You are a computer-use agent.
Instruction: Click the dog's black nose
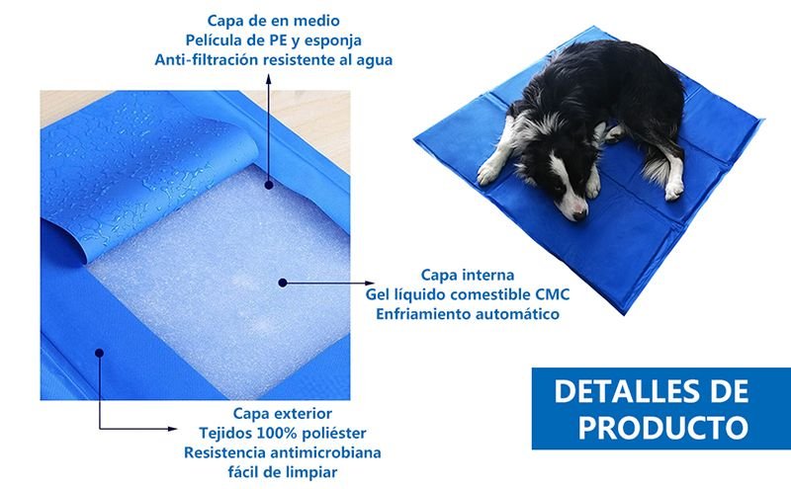[x=580, y=215]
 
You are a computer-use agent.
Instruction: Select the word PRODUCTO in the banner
[x=662, y=428]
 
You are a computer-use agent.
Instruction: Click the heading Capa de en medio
[x=274, y=21]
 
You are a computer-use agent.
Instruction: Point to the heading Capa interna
[x=468, y=276]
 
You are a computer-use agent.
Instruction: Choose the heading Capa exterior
[x=283, y=414]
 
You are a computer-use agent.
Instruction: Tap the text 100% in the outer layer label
[x=276, y=433]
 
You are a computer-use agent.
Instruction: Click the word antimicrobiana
[x=325, y=452]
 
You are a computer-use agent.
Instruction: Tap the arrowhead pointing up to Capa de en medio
[x=268, y=79]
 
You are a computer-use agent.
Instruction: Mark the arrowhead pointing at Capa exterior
[x=172, y=429]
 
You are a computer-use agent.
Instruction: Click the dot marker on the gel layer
[x=283, y=283]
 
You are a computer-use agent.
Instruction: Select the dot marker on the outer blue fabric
[x=100, y=354]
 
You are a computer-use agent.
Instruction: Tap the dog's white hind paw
[x=674, y=190]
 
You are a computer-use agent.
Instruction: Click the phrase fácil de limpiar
[x=283, y=473]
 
